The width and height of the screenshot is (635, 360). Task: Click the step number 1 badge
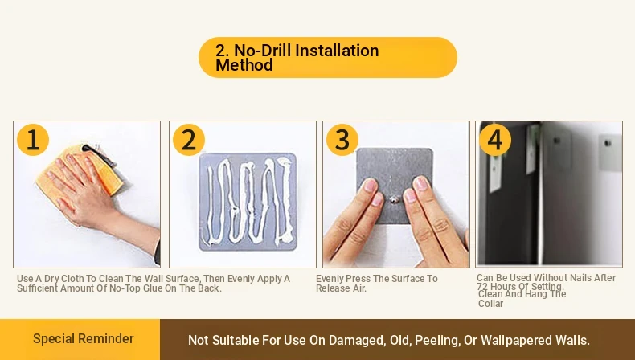pos(33,140)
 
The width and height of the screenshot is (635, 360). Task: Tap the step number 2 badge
pos(189,140)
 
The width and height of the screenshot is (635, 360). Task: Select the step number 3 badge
pos(342,140)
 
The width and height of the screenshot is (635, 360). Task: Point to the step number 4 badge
pos(495,140)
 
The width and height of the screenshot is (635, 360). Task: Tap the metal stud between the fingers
pos(394,199)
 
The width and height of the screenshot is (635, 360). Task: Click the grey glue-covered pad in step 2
pos(248,202)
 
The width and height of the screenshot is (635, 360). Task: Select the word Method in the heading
pos(244,65)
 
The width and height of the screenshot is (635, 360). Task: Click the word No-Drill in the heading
pos(262,51)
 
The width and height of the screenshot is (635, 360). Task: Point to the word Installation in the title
pos(337,51)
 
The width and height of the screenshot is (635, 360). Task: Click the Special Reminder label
pos(84,338)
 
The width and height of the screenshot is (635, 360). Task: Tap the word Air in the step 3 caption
pos(358,288)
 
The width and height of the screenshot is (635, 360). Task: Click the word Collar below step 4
pos(491,304)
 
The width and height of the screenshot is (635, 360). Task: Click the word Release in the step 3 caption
pos(332,288)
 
